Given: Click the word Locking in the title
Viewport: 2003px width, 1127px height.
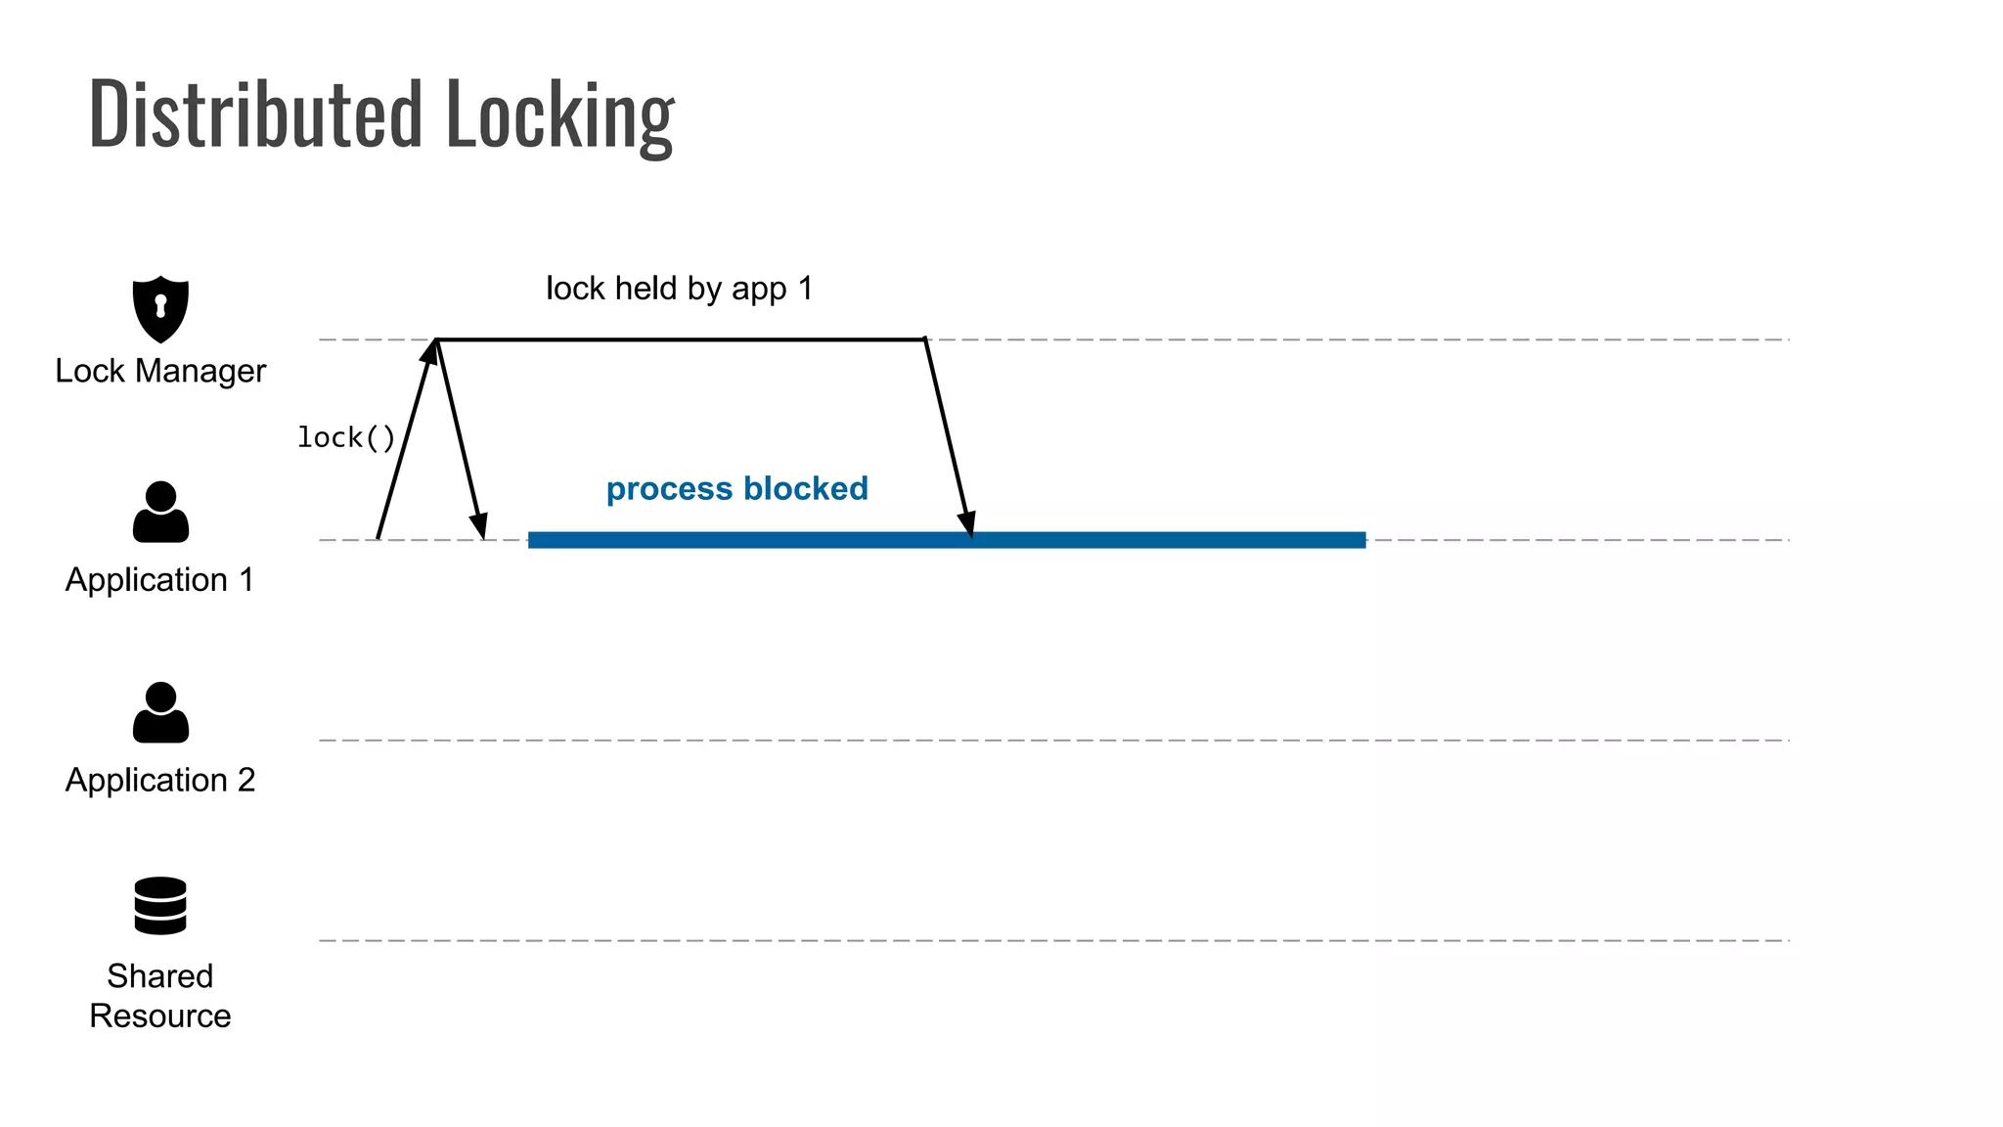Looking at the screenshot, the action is tap(559, 115).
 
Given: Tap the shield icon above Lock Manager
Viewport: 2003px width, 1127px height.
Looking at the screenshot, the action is tap(160, 308).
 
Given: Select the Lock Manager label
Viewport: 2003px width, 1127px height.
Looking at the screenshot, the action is tap(160, 371).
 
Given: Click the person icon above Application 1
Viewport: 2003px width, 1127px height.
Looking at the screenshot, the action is tap(160, 512).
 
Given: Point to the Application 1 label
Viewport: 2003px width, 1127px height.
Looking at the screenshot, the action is tap(160, 580).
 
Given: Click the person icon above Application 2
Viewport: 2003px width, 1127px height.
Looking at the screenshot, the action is tap(160, 712).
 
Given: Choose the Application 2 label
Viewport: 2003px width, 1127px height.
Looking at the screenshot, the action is tap(160, 780).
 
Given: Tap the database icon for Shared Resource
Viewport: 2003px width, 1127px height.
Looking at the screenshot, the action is tap(160, 905).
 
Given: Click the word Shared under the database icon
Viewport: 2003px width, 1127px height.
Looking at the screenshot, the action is tap(160, 975).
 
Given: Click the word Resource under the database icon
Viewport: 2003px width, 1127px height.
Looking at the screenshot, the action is tap(160, 1015).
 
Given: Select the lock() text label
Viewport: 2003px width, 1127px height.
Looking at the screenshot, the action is tap(346, 437).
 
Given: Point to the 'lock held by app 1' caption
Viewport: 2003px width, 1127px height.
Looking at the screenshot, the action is tap(679, 289).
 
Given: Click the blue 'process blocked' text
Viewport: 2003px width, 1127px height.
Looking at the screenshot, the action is tap(736, 488).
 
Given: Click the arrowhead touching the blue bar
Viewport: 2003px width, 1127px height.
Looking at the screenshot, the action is tap(967, 524).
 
